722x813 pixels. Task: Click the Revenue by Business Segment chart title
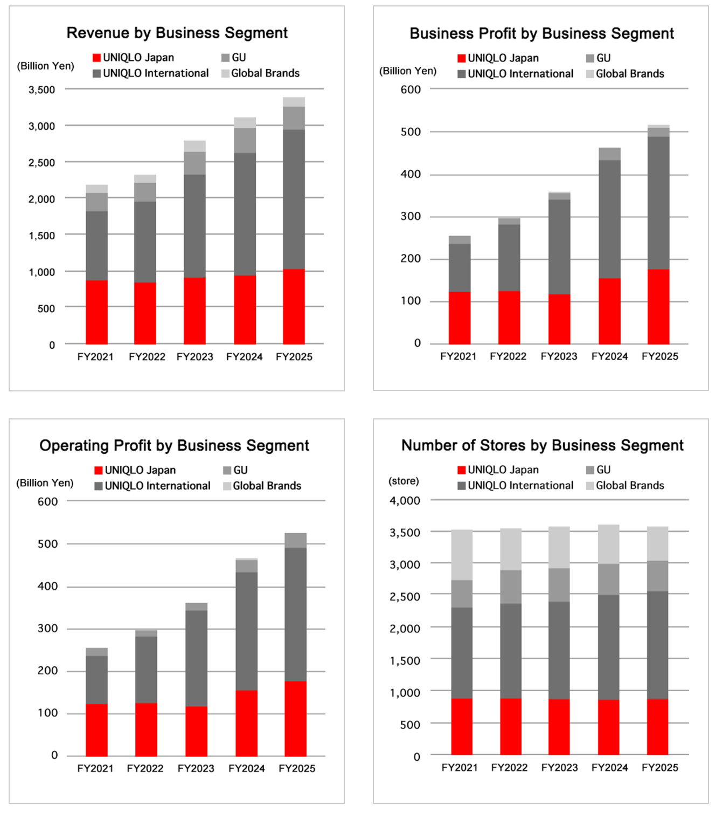(x=177, y=33)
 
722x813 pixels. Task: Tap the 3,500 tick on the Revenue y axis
(x=41, y=89)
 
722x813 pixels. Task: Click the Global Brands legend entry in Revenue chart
(x=260, y=73)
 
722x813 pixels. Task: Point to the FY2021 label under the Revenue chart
(x=95, y=357)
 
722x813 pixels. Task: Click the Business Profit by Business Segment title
(x=541, y=33)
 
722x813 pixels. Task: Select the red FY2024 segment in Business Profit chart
(x=609, y=311)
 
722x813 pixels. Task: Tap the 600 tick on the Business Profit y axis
(x=411, y=89)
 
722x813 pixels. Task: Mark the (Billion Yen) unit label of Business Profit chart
(x=408, y=71)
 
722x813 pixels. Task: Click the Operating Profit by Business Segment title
(x=174, y=446)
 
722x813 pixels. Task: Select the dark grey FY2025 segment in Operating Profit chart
(x=295, y=614)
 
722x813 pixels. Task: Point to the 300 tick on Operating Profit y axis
(x=47, y=629)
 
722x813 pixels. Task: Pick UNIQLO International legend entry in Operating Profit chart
(x=152, y=486)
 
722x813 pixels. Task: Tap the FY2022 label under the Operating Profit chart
(x=145, y=768)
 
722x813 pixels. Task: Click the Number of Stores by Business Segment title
(x=542, y=445)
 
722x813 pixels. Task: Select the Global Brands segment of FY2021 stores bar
(x=462, y=555)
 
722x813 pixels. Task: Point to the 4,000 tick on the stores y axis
(x=405, y=501)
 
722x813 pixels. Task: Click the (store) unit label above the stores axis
(x=404, y=481)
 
